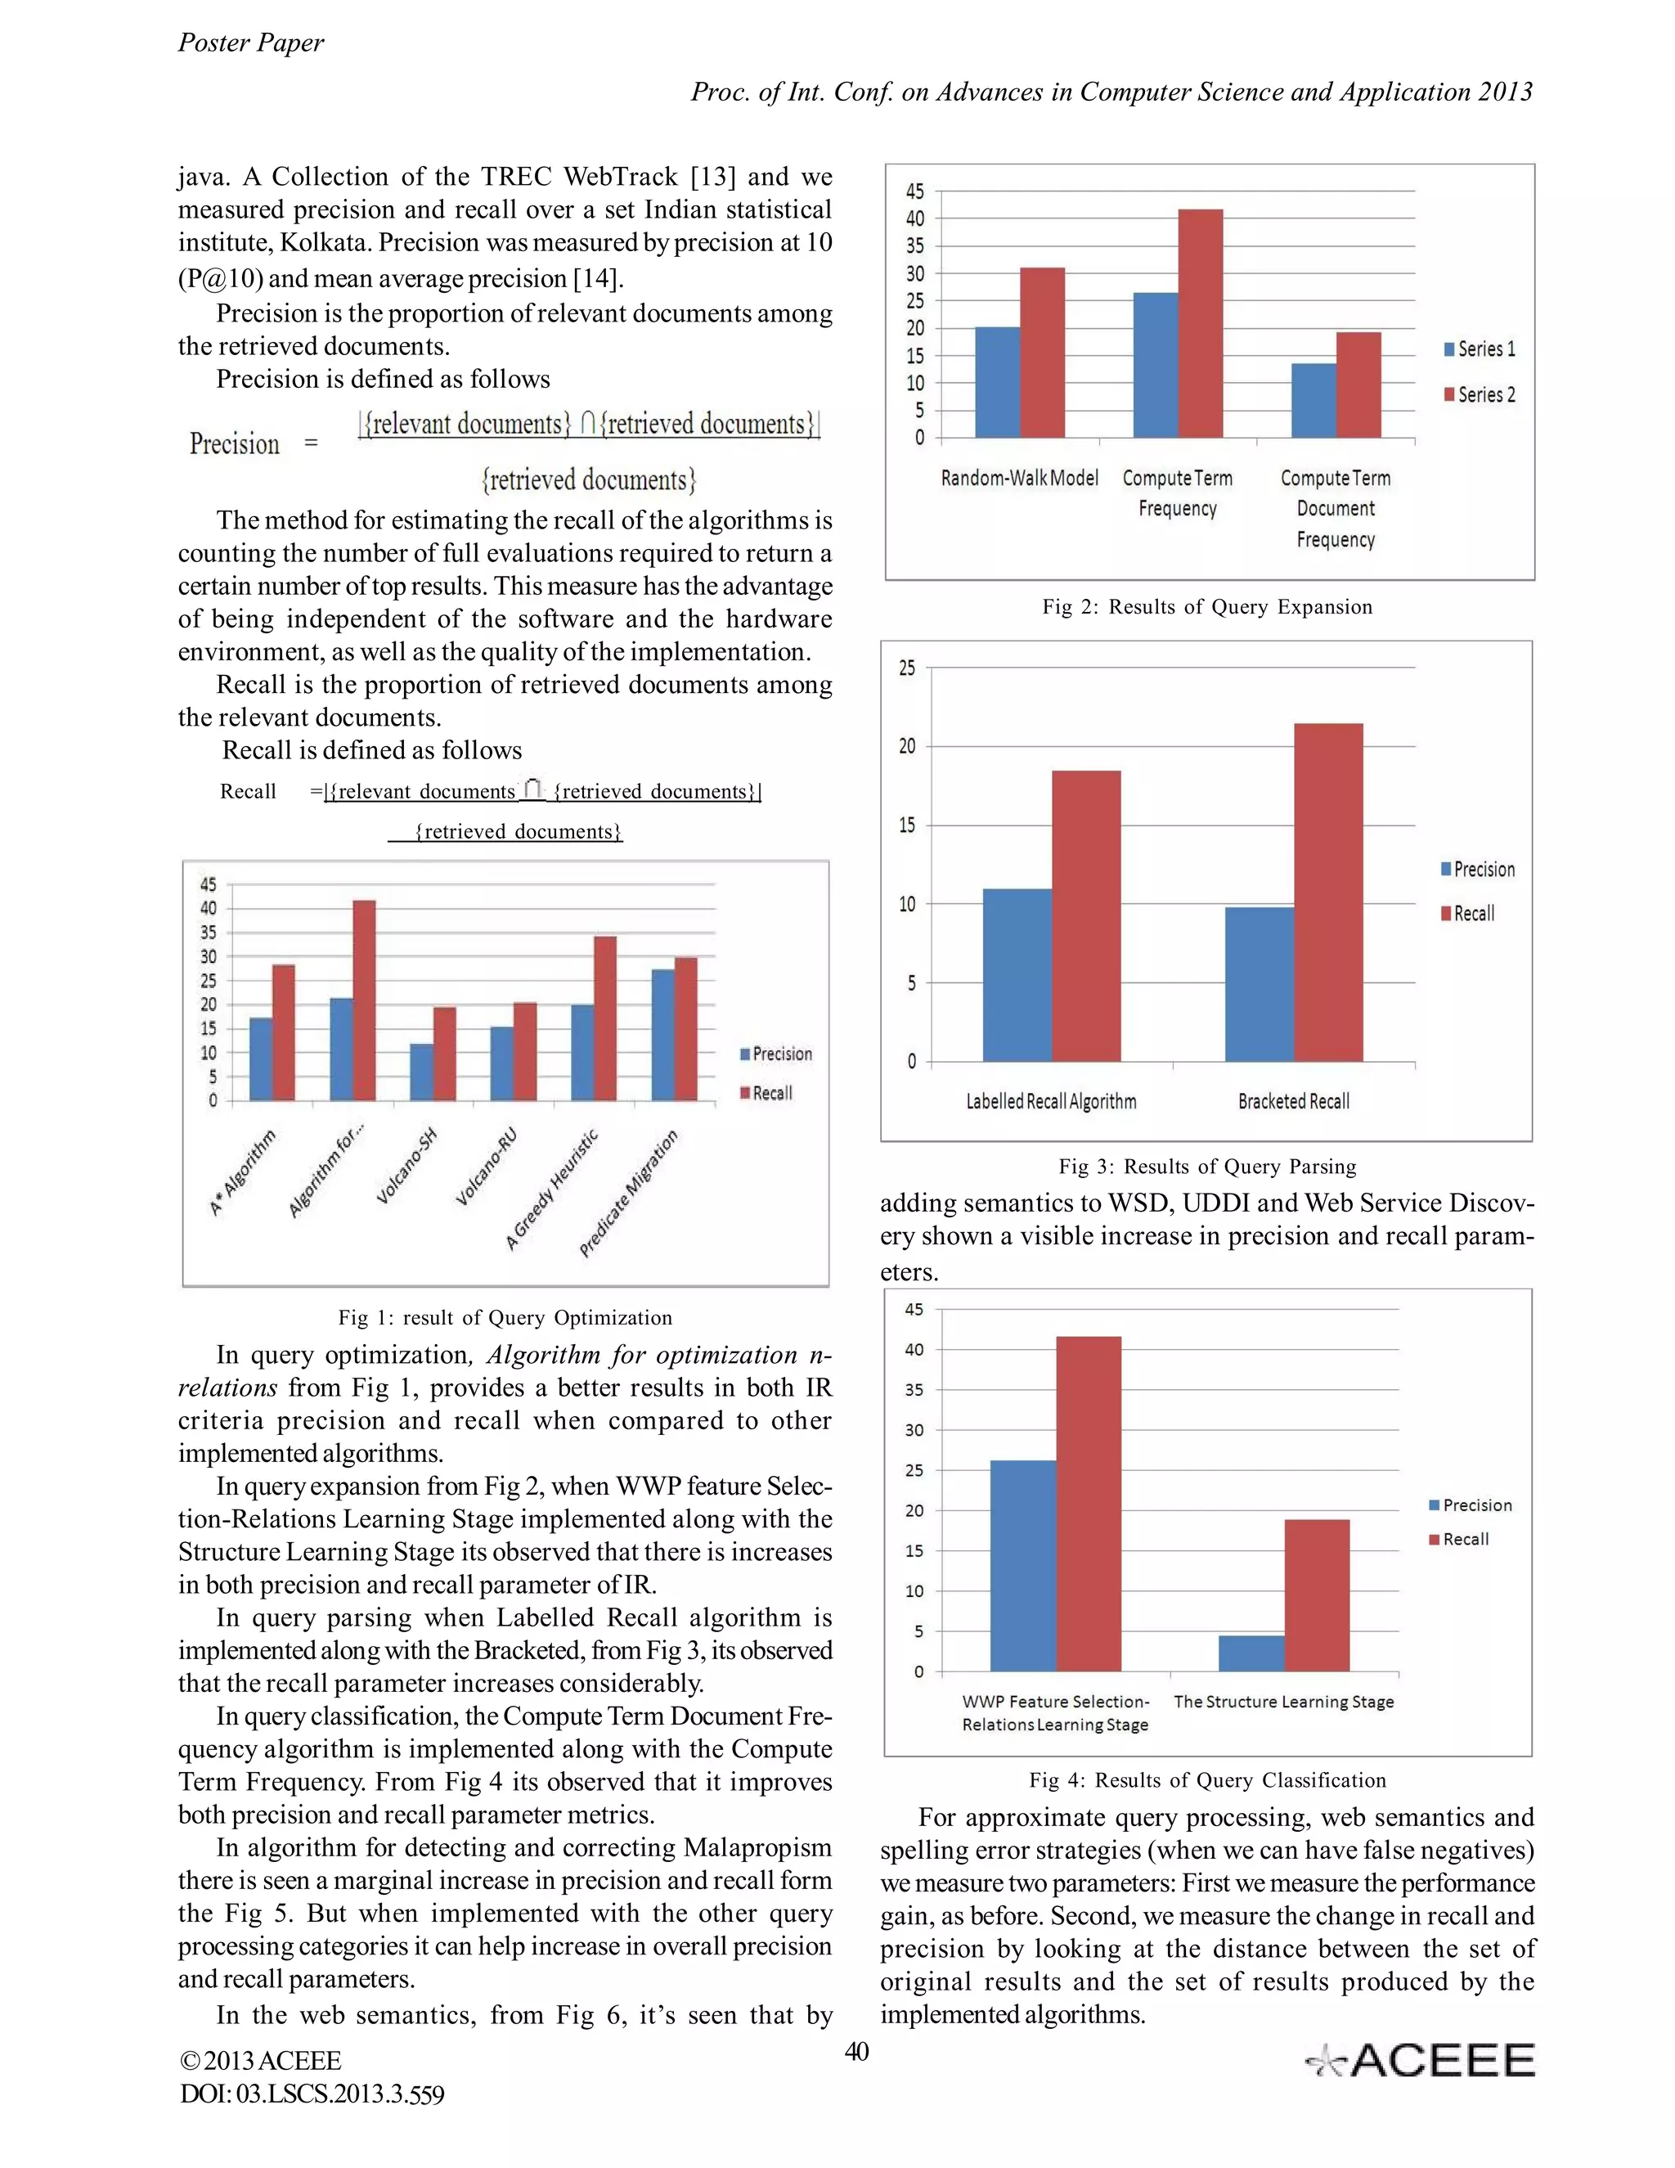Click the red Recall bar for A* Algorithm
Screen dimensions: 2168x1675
(x=284, y=1032)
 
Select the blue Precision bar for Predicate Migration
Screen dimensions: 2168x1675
(x=662, y=1034)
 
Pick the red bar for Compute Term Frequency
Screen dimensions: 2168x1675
(x=1200, y=324)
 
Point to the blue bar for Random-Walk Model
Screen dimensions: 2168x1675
(x=997, y=382)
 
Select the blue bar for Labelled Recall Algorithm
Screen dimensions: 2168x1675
(x=1017, y=975)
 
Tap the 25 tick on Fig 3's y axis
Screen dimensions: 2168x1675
(x=907, y=668)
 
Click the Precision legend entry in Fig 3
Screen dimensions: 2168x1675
(x=1478, y=870)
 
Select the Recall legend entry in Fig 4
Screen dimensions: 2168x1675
(x=1459, y=1540)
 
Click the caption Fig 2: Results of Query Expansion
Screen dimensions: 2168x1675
(x=1206, y=608)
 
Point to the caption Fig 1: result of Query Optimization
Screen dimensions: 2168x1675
(x=505, y=1317)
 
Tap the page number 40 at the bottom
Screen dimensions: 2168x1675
(x=856, y=2052)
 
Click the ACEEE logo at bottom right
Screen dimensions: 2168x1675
(x=1419, y=2061)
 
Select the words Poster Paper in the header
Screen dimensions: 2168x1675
(x=251, y=43)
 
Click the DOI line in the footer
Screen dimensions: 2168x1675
(x=312, y=2094)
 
